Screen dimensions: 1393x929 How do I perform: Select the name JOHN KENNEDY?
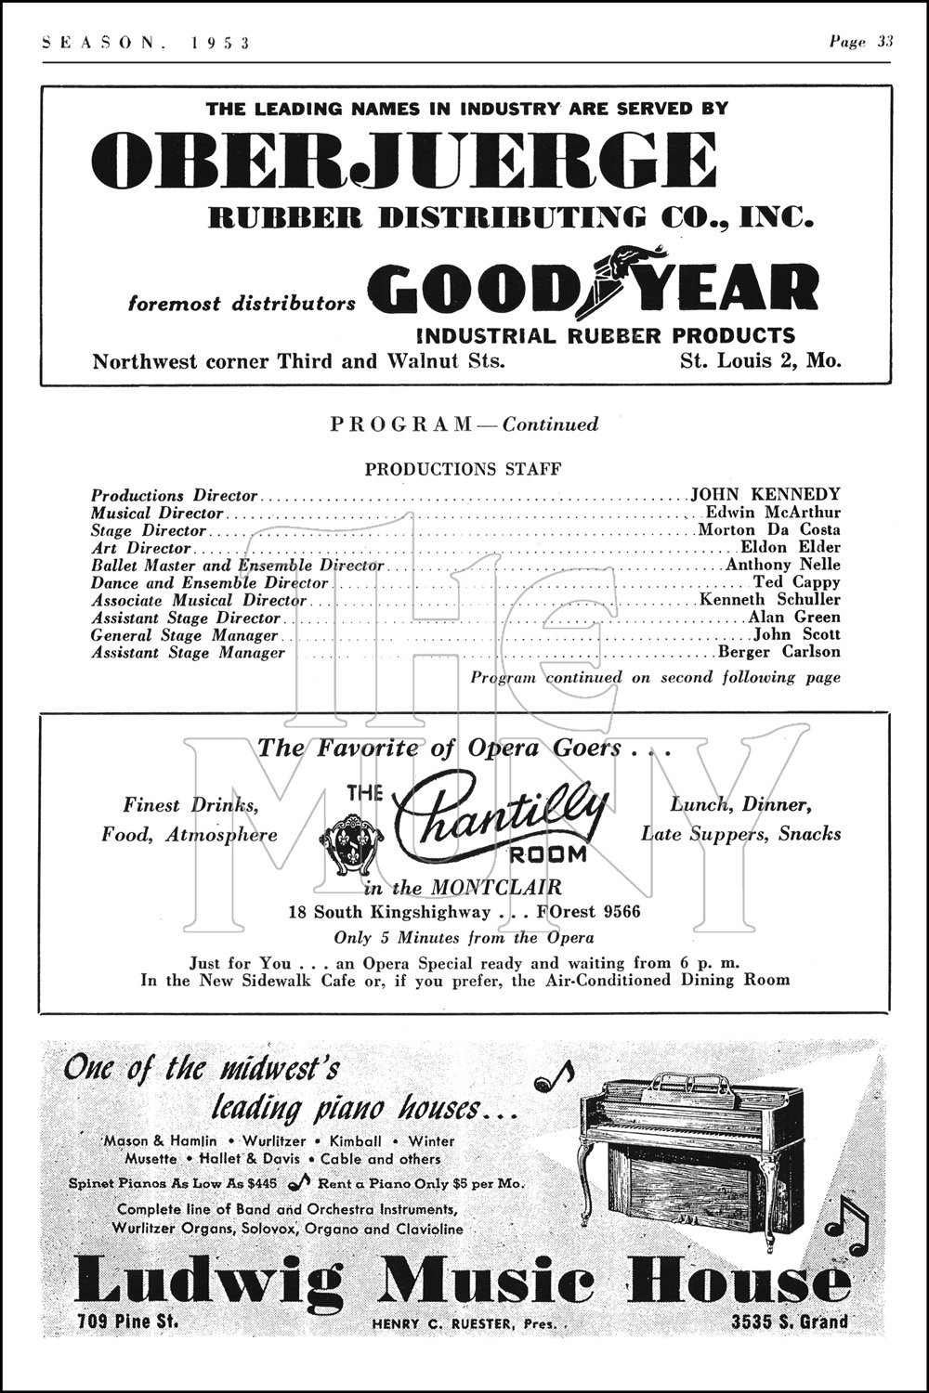[x=765, y=495]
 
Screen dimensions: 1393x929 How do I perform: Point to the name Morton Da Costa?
[x=769, y=530]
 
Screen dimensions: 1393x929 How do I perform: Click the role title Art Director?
[x=140, y=548]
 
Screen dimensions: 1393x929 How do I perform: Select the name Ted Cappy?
[x=796, y=582]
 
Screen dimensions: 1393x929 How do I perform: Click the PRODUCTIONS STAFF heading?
[x=463, y=470]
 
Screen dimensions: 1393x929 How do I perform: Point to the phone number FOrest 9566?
[x=588, y=912]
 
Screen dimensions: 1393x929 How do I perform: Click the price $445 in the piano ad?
[x=261, y=1184]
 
